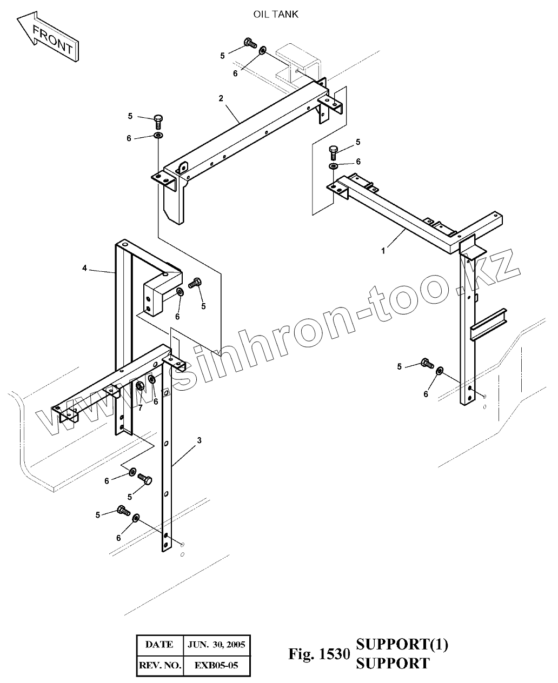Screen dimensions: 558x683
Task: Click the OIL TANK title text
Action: coord(276,15)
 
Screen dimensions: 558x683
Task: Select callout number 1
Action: coord(383,250)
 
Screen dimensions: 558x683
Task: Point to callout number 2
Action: coord(221,98)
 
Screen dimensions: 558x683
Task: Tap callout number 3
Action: coord(199,440)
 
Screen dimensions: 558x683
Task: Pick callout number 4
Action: coord(85,268)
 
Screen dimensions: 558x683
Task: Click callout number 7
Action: coord(140,408)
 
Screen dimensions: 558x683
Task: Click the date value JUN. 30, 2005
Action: coord(216,644)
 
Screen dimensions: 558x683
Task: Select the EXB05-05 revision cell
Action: coord(216,665)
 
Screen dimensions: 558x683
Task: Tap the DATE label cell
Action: coord(160,644)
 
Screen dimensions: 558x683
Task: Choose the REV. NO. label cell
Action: coord(160,665)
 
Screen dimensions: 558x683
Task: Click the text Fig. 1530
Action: coord(316,654)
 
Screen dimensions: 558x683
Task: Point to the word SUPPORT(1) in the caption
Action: coord(402,644)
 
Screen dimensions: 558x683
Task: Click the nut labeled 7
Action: coord(139,386)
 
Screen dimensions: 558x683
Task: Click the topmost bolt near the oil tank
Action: coord(250,43)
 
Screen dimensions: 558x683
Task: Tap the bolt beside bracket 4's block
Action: coord(196,282)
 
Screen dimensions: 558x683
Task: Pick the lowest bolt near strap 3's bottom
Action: coord(123,510)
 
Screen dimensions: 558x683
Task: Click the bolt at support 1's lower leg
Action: coord(427,364)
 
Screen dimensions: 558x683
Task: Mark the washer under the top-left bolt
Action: coord(158,135)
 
